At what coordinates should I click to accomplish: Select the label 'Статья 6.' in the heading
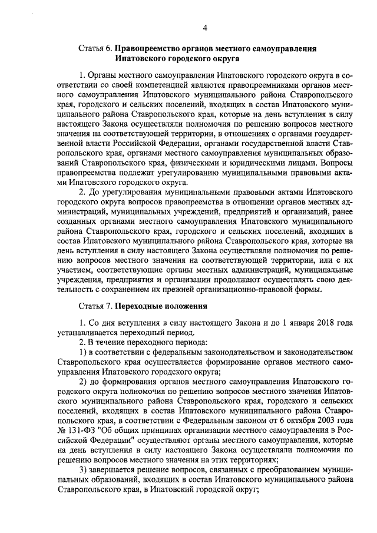(x=95, y=49)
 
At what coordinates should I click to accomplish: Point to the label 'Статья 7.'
(x=95, y=307)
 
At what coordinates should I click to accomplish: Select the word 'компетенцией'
(x=141, y=85)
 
